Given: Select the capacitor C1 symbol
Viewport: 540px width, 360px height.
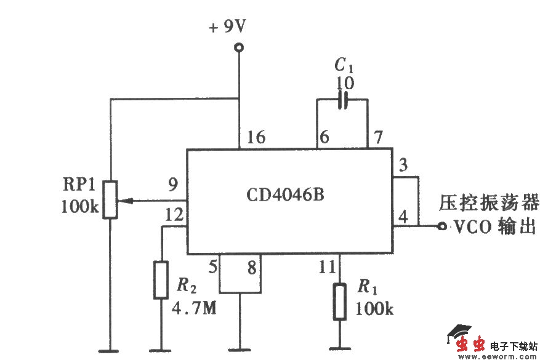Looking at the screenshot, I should (343, 100).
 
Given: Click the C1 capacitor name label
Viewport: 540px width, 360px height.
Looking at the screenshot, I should (342, 65).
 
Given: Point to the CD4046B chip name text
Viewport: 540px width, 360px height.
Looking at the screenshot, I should (285, 195).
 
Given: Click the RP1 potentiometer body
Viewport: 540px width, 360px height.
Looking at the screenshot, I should (110, 199).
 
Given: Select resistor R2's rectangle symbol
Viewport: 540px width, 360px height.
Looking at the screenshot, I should (161, 280).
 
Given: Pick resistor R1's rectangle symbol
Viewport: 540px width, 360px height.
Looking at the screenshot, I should (339, 302).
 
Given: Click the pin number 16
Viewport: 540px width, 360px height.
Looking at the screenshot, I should (257, 137).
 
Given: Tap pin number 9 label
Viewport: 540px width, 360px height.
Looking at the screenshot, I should (174, 184).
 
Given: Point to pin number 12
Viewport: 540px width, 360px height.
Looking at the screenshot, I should (173, 215).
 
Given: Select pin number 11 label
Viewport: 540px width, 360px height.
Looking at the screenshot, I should (328, 267).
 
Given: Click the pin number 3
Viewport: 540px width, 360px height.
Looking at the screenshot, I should (403, 166).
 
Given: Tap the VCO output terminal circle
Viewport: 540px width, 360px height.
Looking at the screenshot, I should (441, 226).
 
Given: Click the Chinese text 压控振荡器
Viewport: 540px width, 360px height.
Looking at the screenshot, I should (488, 202).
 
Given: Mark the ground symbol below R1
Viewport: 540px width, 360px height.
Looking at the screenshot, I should (339, 349).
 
